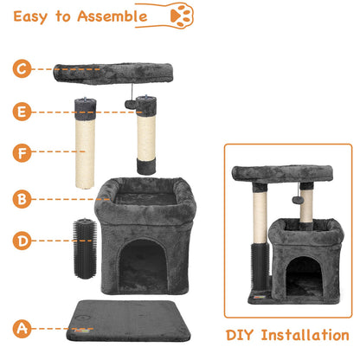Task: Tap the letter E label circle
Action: pyautogui.click(x=22, y=112)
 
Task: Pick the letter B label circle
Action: pyautogui.click(x=22, y=199)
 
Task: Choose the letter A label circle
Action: pyautogui.click(x=22, y=328)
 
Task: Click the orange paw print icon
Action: pyautogui.click(x=182, y=16)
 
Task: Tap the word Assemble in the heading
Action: pyautogui.click(x=122, y=16)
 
